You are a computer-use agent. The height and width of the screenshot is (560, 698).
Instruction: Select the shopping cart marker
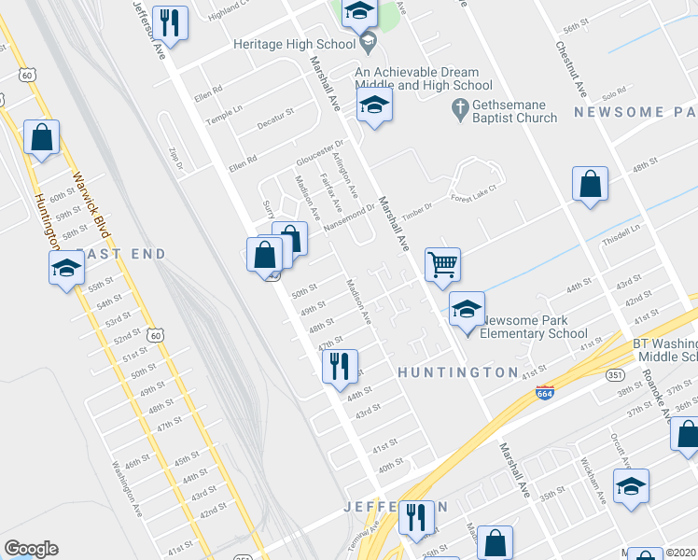pos(442,264)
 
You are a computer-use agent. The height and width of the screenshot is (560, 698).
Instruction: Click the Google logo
pos(31,549)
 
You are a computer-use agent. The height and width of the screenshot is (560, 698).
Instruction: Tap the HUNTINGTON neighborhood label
pos(457,372)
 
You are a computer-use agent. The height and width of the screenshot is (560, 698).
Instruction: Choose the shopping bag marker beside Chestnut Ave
pos(591,185)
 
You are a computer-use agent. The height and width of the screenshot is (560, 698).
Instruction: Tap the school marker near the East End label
pos(66,269)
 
